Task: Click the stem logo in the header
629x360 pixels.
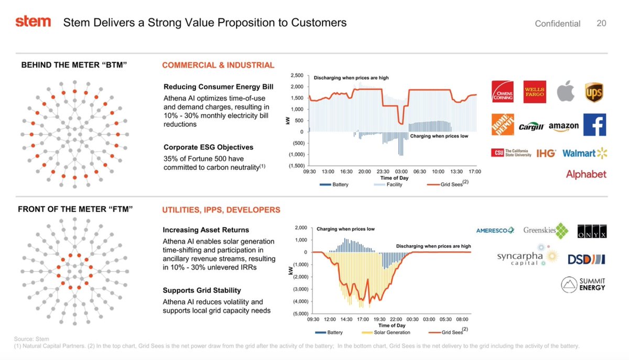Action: click(x=33, y=21)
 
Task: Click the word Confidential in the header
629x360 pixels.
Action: click(x=557, y=24)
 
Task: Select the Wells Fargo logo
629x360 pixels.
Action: click(x=535, y=92)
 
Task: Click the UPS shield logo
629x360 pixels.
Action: click(x=594, y=93)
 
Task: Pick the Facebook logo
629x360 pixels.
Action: click(x=594, y=125)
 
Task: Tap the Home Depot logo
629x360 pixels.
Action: click(x=502, y=124)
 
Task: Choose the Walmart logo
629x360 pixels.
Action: click(x=584, y=153)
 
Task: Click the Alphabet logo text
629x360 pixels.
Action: click(x=585, y=174)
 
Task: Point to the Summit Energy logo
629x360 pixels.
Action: click(x=583, y=284)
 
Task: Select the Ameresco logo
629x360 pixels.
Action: click(x=495, y=231)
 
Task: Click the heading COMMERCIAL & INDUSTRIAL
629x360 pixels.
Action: click(x=218, y=66)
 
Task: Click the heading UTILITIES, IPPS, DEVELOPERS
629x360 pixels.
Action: click(x=221, y=210)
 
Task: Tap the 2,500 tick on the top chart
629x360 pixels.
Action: click(x=296, y=77)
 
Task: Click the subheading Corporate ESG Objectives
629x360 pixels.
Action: click(x=208, y=147)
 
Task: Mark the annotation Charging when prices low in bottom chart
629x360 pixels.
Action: click(x=345, y=229)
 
